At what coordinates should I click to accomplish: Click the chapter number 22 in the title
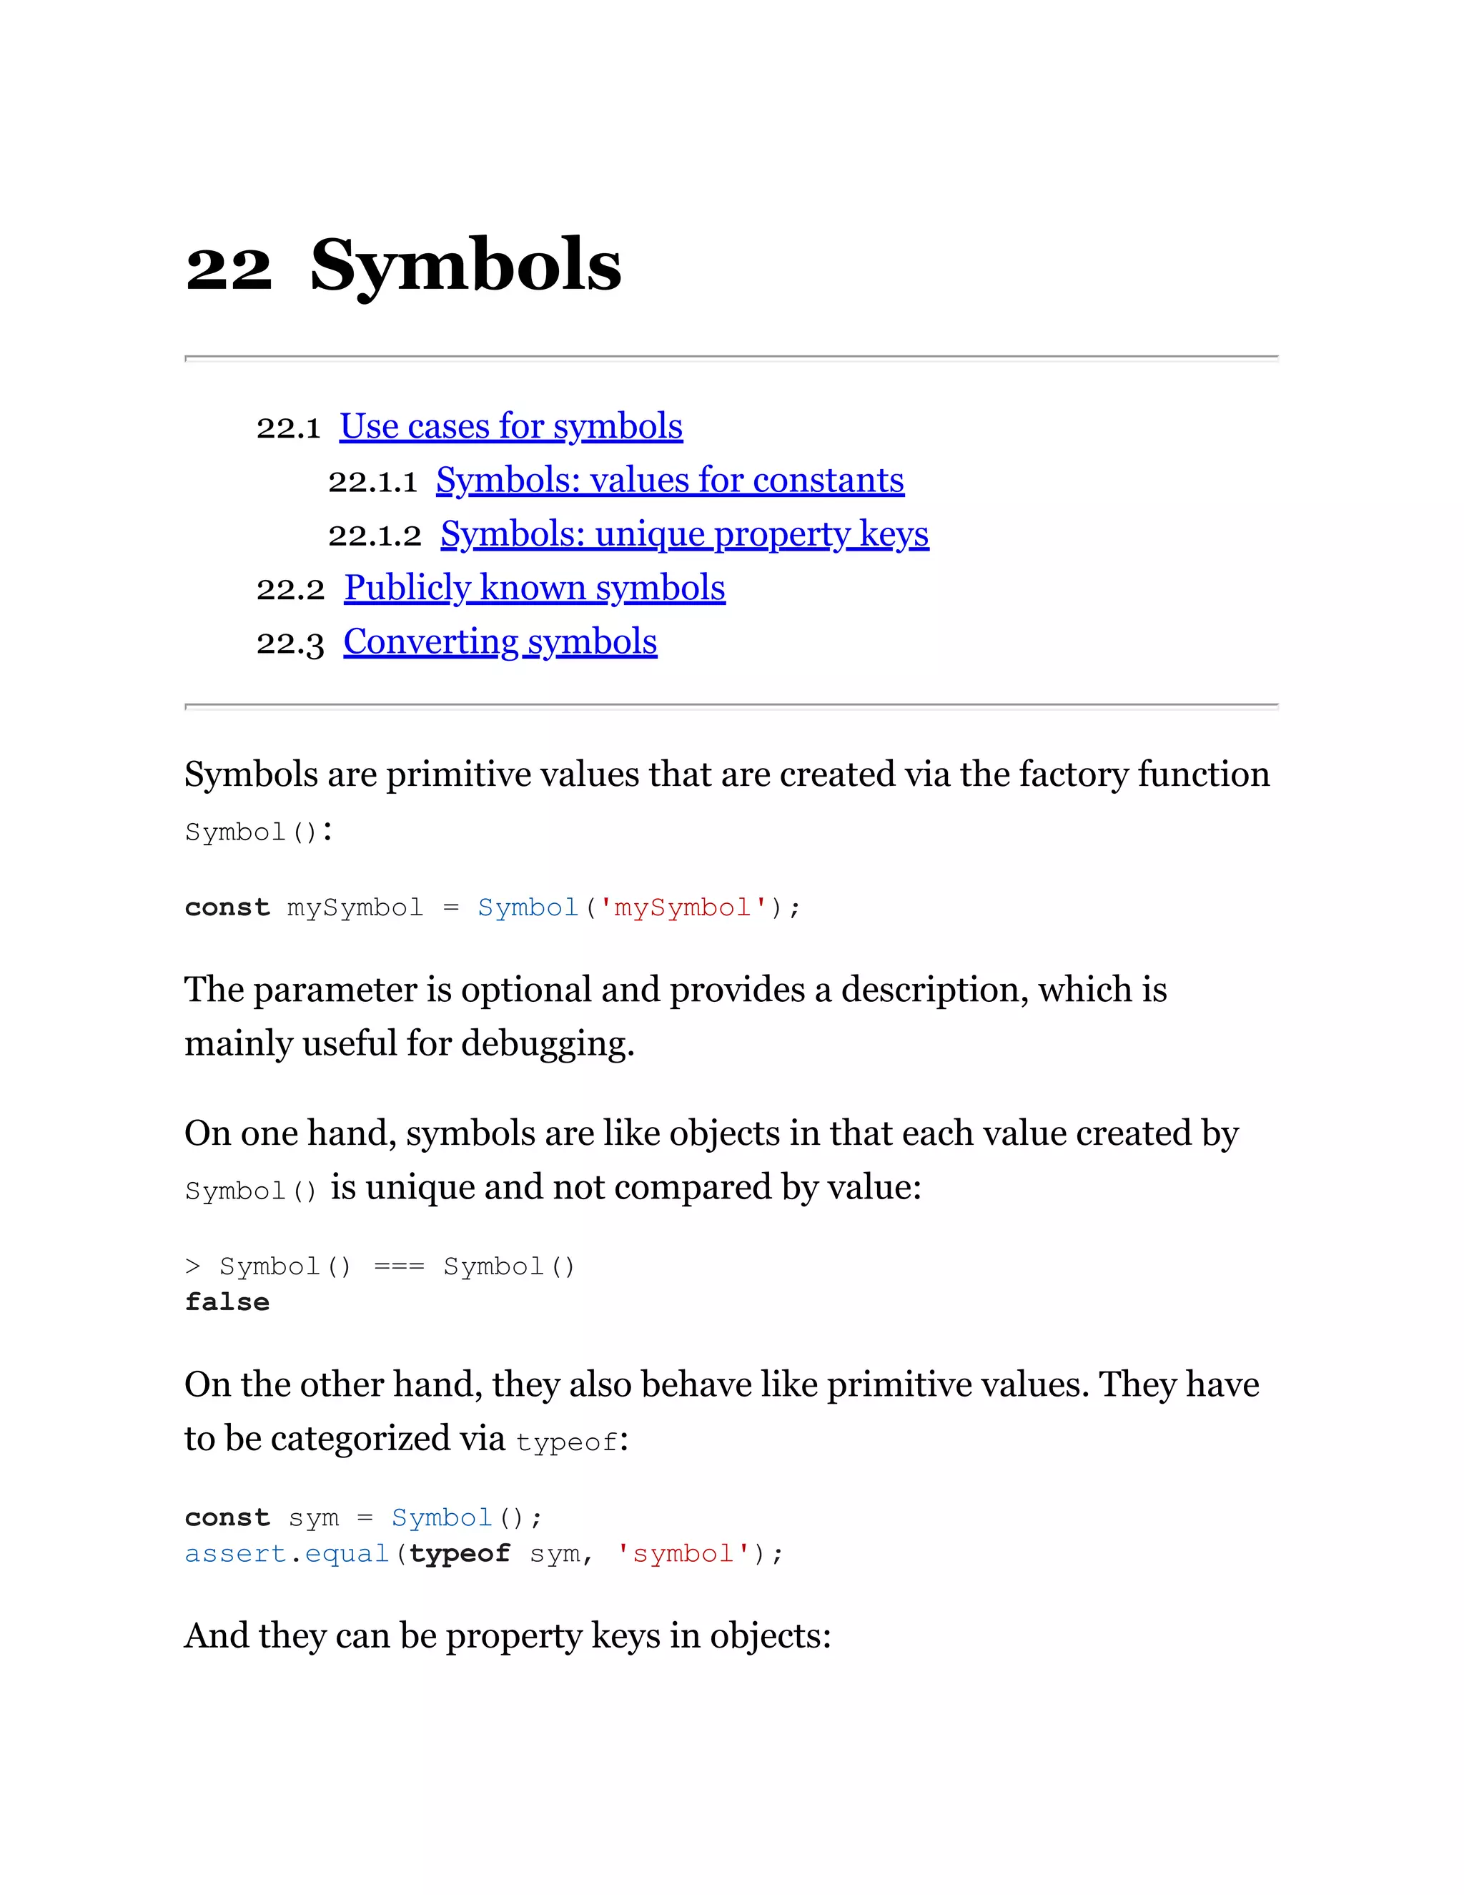click(228, 267)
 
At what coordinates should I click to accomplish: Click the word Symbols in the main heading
click(466, 265)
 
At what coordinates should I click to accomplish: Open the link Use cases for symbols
click(511, 427)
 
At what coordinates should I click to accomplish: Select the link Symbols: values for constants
click(670, 481)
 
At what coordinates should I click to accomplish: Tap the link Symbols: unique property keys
click(684, 534)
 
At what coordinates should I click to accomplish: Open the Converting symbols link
click(500, 642)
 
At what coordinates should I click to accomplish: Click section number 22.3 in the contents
click(290, 643)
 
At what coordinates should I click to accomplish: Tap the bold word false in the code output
click(227, 1302)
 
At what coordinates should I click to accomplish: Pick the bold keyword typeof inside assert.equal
click(460, 1553)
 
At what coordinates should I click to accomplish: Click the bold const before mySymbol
click(227, 907)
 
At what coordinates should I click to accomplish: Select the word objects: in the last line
click(770, 1636)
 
